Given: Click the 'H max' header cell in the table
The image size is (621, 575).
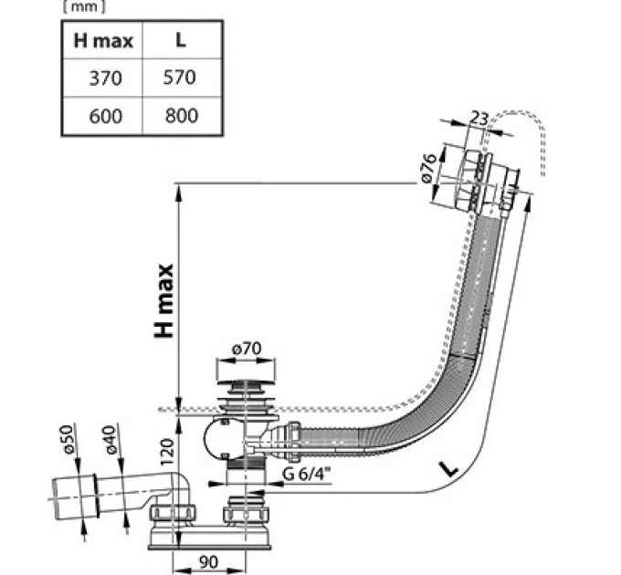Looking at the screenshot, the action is click(x=103, y=41).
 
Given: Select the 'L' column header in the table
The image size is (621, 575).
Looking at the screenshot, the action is click(x=181, y=40).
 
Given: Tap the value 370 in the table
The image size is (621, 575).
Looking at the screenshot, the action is click(x=105, y=78).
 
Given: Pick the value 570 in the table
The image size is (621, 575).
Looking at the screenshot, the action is click(x=179, y=78).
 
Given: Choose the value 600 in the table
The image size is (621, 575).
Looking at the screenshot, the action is click(x=105, y=116).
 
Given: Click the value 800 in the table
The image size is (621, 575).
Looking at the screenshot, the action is click(x=182, y=116).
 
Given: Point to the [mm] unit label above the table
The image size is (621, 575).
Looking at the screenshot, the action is click(x=84, y=7).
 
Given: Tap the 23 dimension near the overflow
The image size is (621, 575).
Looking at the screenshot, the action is click(x=479, y=118).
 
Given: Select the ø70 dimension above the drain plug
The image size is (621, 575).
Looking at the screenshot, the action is click(x=247, y=349).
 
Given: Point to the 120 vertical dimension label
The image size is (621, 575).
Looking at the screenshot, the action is click(x=168, y=451).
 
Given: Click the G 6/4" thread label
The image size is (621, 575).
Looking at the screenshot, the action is click(x=307, y=474).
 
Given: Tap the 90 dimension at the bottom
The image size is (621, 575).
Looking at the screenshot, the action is click(x=208, y=562).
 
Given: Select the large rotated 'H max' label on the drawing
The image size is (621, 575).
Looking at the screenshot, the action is click(x=164, y=301).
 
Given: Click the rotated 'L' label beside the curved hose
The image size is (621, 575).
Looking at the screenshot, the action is click(x=449, y=468).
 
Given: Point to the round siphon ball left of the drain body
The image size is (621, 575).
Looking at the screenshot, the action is click(x=223, y=439).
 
